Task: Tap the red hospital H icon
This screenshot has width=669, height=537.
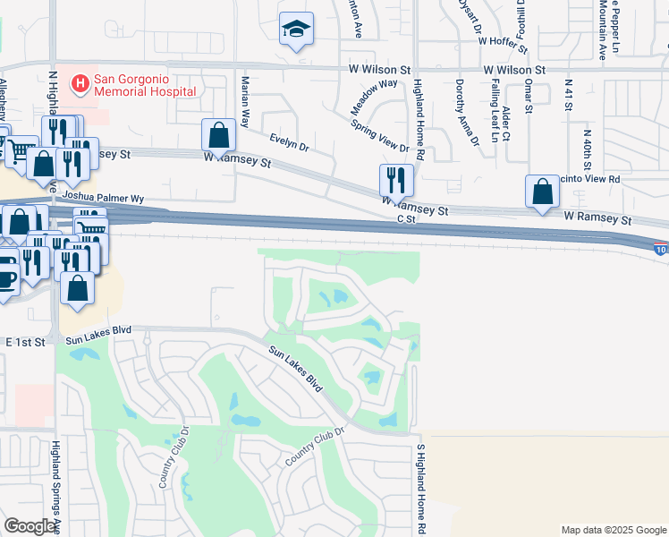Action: click(x=80, y=84)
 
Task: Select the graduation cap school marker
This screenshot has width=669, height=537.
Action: click(x=294, y=30)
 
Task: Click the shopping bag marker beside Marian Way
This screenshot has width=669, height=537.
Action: click(x=218, y=136)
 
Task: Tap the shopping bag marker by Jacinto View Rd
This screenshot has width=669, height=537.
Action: click(x=542, y=192)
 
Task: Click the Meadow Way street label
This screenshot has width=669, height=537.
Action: click(x=374, y=96)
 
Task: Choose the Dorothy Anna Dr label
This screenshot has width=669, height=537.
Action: click(x=466, y=111)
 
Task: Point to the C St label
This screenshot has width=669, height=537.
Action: click(x=407, y=218)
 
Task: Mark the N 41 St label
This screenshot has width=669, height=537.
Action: click(x=568, y=95)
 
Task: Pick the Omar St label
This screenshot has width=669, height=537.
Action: click(x=529, y=97)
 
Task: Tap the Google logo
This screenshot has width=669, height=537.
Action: click(x=30, y=526)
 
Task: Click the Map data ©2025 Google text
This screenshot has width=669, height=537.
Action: click(x=614, y=530)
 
